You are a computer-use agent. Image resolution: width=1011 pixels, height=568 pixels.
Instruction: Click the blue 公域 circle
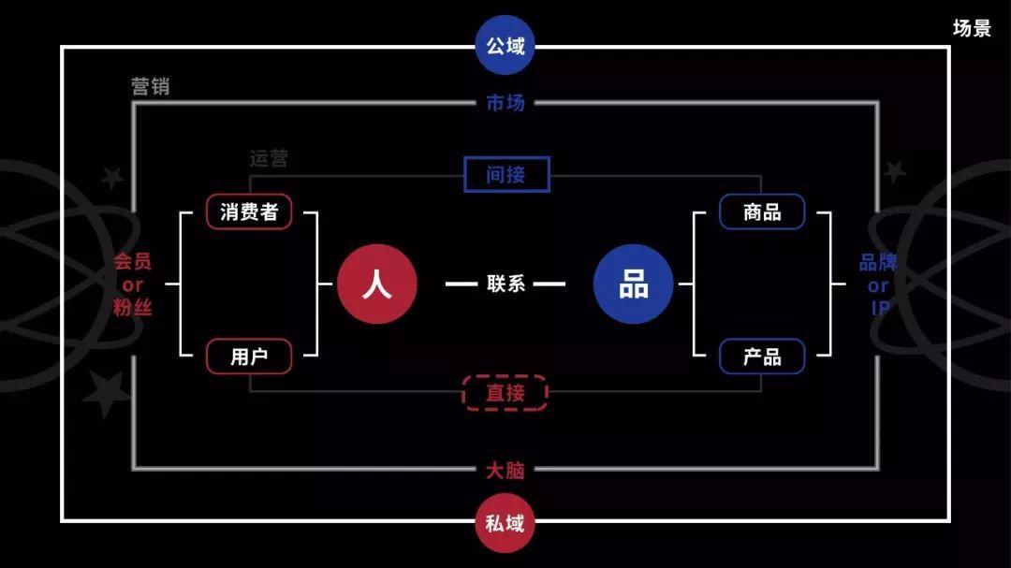(505, 45)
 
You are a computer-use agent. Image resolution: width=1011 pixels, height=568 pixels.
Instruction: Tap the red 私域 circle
(505, 523)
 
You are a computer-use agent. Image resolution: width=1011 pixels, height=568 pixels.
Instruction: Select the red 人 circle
(376, 284)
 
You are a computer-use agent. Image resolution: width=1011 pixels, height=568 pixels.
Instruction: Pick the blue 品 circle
(634, 284)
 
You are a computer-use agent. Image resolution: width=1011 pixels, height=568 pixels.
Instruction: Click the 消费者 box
(249, 211)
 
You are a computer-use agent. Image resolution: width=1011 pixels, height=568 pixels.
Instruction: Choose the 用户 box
(249, 357)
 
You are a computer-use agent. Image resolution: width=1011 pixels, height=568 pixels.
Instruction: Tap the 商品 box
(762, 211)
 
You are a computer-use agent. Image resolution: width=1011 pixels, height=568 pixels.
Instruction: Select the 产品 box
(762, 357)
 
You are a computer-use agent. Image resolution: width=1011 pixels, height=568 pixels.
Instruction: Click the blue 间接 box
(506, 174)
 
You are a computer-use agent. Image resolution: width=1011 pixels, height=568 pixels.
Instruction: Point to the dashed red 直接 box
(505, 393)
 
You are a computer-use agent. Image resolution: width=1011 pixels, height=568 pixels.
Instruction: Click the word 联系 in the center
(505, 284)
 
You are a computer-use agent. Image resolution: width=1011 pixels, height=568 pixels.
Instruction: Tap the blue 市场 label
(505, 103)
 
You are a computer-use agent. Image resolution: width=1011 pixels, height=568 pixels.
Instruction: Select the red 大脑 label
(505, 470)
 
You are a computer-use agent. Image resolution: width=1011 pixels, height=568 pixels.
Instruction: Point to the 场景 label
(972, 28)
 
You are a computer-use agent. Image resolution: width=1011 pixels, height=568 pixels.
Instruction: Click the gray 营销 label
(151, 87)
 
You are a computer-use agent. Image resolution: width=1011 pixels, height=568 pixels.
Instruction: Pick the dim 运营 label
(269, 158)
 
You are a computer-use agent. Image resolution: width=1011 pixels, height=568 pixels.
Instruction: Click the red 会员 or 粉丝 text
(132, 284)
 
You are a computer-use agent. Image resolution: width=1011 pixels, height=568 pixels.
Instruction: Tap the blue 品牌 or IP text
(878, 284)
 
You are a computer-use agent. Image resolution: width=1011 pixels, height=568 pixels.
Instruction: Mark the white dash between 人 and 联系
(461, 284)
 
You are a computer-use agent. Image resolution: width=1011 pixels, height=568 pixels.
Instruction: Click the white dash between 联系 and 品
(549, 284)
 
